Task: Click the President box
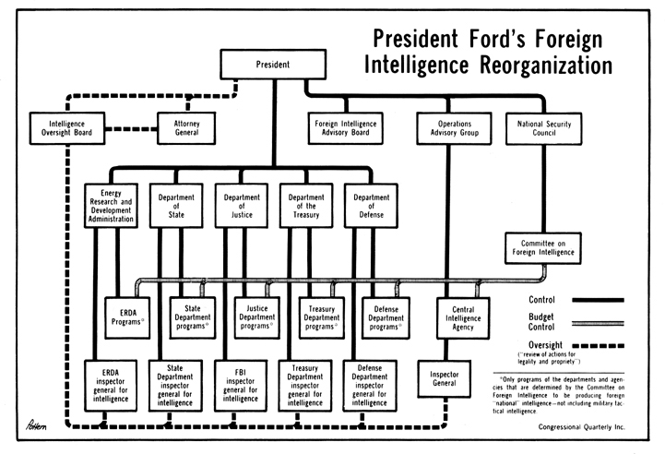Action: (272, 66)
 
